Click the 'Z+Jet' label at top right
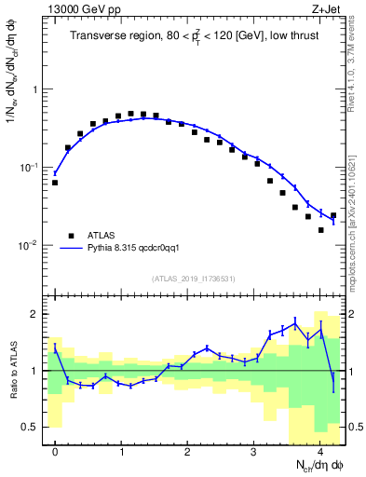(x=329, y=10)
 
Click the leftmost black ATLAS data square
(x=55, y=183)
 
